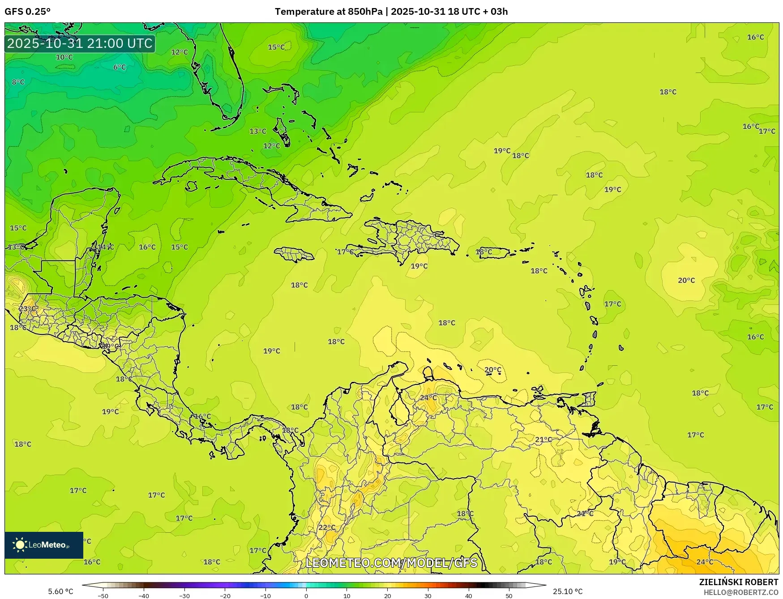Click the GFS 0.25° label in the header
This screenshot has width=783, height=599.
27,12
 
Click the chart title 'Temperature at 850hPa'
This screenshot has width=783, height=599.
329,12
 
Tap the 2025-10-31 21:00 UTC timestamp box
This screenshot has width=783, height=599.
80,43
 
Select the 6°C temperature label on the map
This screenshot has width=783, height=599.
120,67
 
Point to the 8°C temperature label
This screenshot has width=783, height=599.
18,82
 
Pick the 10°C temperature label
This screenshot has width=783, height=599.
64,57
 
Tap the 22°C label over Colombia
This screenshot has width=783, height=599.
327,527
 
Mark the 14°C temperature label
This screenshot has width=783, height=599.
106,247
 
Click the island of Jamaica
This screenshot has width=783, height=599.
294,255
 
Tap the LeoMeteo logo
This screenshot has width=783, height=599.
43,545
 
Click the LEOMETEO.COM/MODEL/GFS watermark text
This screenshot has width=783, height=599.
391,563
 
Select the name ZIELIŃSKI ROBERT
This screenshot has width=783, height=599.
739,582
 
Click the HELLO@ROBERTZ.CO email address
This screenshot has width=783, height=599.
741,592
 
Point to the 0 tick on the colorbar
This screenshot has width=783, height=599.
306,596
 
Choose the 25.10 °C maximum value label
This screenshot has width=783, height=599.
568,591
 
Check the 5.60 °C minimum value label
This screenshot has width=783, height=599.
60,591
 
